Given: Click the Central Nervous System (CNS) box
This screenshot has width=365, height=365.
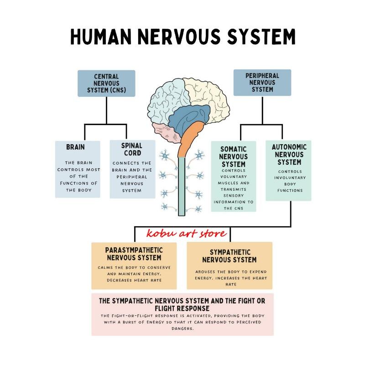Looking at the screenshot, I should pos(106,83).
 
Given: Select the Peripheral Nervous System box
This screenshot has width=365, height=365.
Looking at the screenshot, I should pos(262,83).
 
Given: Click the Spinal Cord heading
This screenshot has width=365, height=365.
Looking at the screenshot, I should pos(132,150).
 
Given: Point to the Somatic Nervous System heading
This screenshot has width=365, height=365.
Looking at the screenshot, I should pos(233,156).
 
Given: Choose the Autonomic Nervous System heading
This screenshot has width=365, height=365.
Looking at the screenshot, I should pos(289,155).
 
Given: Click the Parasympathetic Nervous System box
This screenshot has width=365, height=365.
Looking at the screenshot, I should pos(134,265).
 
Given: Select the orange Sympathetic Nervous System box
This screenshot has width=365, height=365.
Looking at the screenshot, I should pos(229,265).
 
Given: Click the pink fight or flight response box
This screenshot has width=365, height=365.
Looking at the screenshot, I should pos(182,314).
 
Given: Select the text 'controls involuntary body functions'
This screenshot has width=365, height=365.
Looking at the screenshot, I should pos(289,181).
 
